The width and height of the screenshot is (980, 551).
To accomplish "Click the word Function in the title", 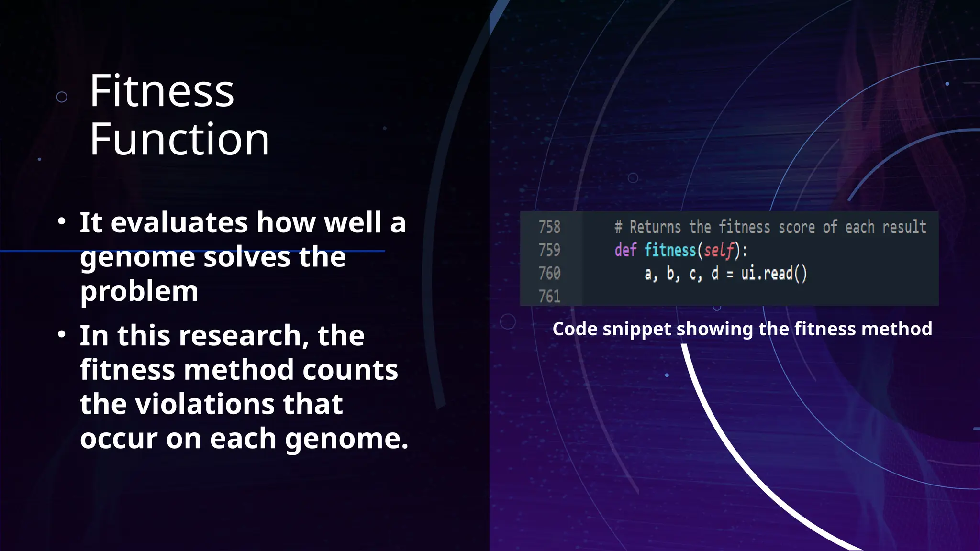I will pyautogui.click(x=179, y=139).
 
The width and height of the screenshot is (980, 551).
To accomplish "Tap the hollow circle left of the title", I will pyautogui.click(x=62, y=97).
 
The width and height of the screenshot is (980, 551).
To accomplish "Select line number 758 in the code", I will pyautogui.click(x=549, y=227).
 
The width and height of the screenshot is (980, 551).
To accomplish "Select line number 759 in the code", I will pyautogui.click(x=549, y=250).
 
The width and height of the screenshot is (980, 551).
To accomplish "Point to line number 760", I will pyautogui.click(x=549, y=274).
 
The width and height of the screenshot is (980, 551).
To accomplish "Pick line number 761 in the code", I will pyautogui.click(x=549, y=297).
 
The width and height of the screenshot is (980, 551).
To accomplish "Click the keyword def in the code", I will pyautogui.click(x=625, y=250).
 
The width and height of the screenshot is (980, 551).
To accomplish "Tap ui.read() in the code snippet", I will pyautogui.click(x=774, y=274).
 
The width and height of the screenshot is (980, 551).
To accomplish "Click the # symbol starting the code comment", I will pyautogui.click(x=618, y=228).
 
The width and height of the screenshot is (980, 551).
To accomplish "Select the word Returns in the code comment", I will pyautogui.click(x=655, y=227).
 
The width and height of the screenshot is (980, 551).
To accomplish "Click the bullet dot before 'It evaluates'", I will pyautogui.click(x=61, y=221).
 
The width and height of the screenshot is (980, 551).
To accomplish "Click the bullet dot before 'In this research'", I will pyautogui.click(x=61, y=334).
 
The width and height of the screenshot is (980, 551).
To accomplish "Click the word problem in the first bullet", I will pyautogui.click(x=139, y=291).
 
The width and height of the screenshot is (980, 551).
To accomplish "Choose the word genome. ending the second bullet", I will pyautogui.click(x=347, y=439).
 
